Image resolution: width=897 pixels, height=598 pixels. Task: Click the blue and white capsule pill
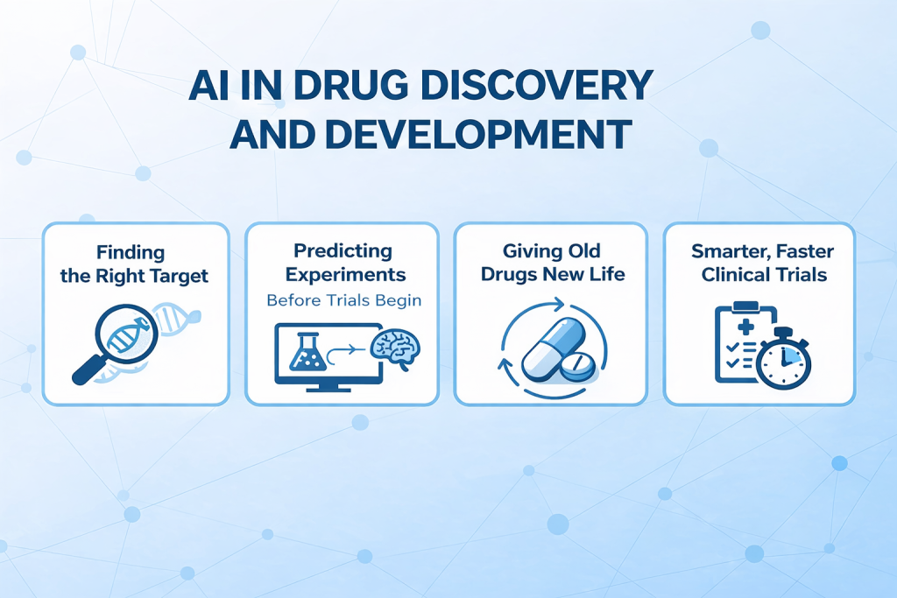[x=552, y=346]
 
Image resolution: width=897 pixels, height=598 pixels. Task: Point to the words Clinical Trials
[x=759, y=274]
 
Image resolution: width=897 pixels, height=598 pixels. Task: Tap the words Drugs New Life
[x=551, y=274]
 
